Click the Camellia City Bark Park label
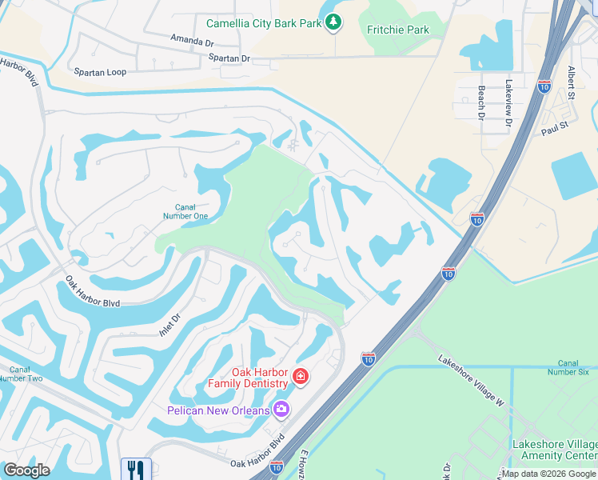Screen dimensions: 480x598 263,23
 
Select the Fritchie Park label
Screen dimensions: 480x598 397,30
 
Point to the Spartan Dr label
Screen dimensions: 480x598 229,58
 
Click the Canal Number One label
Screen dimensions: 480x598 186,211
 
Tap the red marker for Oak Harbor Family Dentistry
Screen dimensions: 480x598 300,376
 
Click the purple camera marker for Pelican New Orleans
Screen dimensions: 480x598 281,410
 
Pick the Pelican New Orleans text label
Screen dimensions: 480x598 218,410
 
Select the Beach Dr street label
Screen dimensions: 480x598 481,103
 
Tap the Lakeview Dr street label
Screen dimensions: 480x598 508,103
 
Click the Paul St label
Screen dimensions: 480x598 553,128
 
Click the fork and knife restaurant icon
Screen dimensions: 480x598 135,469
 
